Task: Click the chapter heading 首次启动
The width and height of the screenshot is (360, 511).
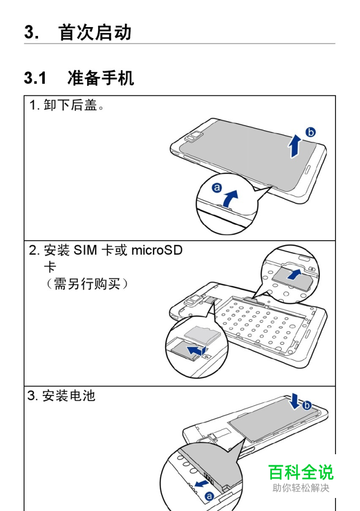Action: [95, 33]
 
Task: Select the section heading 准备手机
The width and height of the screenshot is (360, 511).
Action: [101, 79]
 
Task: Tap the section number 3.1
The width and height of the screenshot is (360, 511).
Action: [35, 79]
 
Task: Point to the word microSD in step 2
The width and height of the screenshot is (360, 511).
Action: [156, 251]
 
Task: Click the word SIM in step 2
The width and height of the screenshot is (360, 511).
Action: [86, 251]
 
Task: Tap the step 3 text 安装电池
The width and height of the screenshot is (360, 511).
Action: [69, 396]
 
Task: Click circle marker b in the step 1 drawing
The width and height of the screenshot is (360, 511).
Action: [311, 132]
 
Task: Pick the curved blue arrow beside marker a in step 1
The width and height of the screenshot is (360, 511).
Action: [230, 198]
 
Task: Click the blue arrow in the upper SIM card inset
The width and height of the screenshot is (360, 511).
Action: [295, 275]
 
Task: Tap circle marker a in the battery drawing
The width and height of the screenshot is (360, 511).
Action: [209, 496]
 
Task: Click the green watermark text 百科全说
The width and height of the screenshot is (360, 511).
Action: [301, 472]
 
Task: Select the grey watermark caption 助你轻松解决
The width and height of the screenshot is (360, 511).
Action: [301, 488]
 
